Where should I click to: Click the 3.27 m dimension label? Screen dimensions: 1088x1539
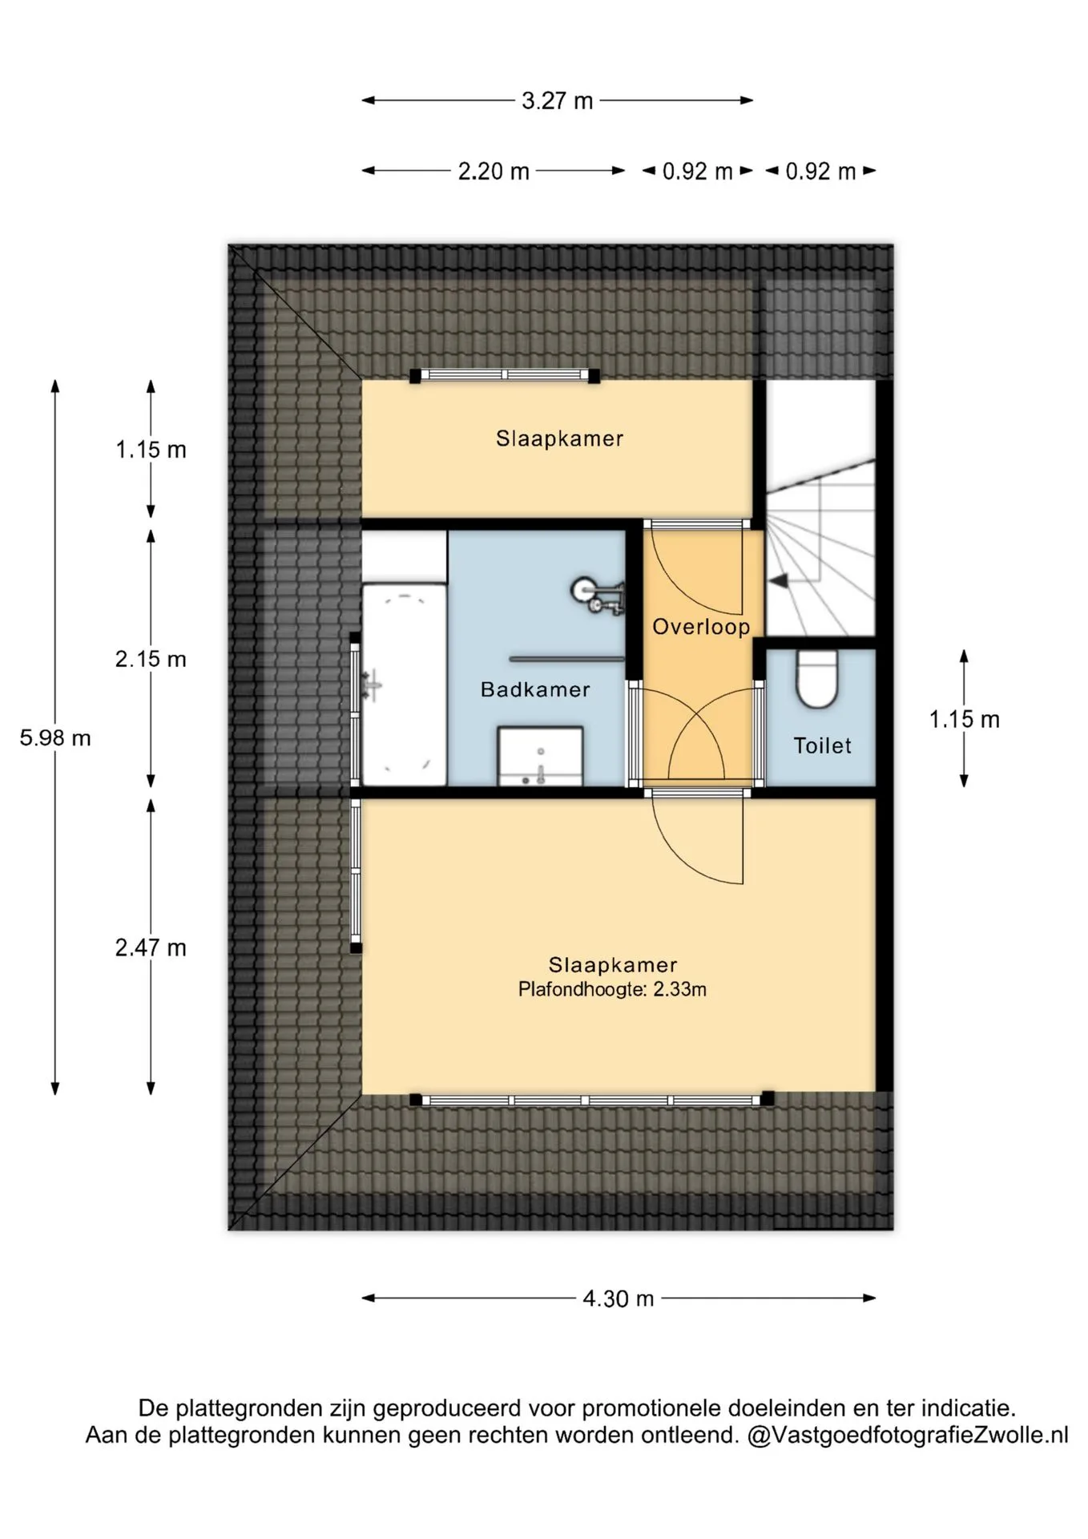coord(558,101)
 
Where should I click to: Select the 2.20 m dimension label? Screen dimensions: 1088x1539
coord(494,172)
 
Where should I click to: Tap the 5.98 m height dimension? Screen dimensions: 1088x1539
coord(55,737)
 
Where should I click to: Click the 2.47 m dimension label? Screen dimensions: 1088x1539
coord(151,947)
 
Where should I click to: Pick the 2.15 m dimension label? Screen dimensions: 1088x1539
coord(151,659)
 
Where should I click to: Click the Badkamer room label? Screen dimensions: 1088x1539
coord(535,689)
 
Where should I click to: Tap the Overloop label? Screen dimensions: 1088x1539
coord(701,627)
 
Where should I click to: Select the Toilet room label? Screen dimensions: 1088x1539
coord(822,745)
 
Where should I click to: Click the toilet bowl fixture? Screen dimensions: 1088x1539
coord(817,678)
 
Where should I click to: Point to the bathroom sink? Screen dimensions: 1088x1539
coord(540,756)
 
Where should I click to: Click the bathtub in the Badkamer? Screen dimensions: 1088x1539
coord(405,685)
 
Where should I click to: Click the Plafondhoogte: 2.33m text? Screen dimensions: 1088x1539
coord(612,989)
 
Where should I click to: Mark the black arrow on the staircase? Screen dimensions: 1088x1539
coord(777,580)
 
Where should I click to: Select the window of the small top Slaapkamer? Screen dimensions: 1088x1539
coord(505,375)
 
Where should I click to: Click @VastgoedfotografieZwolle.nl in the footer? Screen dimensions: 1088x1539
coord(908,1434)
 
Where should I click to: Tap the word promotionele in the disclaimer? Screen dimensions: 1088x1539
coord(652,1408)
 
